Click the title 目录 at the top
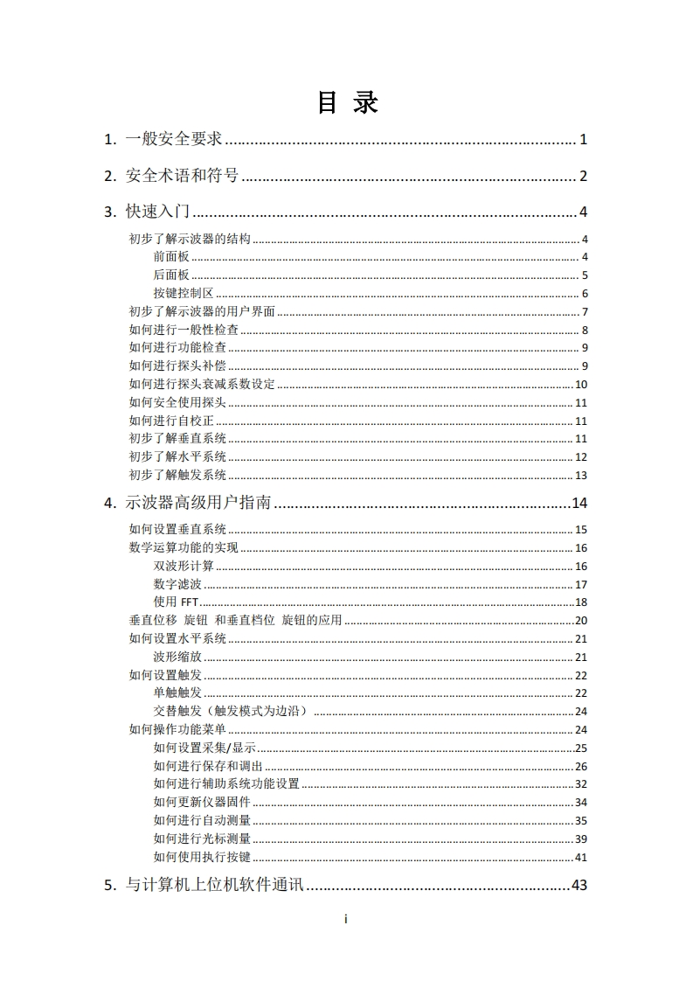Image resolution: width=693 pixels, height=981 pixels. [347, 103]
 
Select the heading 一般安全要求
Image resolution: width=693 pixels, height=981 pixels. [174, 139]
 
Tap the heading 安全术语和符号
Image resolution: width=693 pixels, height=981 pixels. [182, 176]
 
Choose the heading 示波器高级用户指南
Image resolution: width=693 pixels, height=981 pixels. [198, 503]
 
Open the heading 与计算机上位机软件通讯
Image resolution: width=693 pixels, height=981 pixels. [214, 885]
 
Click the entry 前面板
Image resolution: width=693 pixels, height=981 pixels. [170, 257]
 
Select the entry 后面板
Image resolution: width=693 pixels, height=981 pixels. [170, 275]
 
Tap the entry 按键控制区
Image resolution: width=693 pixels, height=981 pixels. [183, 294]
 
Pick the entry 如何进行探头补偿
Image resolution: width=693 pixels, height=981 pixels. [177, 366]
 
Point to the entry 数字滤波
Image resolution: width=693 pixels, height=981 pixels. [177, 584]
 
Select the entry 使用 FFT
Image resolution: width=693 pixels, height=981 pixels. [177, 602]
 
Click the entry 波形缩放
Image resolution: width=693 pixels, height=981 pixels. [177, 657]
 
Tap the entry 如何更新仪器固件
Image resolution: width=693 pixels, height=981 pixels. [202, 803]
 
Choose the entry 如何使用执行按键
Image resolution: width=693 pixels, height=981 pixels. [202, 858]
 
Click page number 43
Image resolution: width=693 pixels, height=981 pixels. [579, 885]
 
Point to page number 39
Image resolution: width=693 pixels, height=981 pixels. [581, 839]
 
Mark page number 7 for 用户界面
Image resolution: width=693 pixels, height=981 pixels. [585, 312]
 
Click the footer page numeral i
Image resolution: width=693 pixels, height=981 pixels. [347, 919]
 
